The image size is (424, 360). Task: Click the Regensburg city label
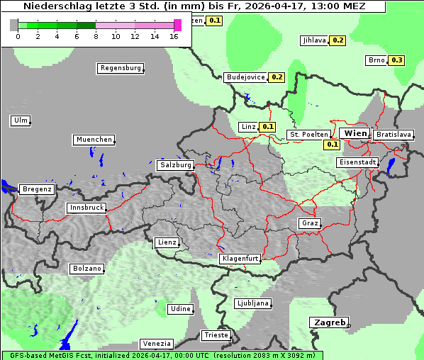point(120,69)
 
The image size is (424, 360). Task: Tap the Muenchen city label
point(94,140)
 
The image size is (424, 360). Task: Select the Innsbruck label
point(87,208)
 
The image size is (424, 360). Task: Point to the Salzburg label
point(176,165)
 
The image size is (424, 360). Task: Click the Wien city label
point(355,133)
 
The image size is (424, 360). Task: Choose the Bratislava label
point(394,135)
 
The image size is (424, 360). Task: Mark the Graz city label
point(310,224)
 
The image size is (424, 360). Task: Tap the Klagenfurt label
point(240,259)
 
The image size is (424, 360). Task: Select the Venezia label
point(156,344)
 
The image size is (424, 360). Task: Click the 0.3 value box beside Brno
point(396,60)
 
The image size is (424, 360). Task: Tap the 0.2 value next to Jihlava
point(337,40)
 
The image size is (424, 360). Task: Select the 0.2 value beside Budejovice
point(277,77)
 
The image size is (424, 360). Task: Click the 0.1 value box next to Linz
point(267,128)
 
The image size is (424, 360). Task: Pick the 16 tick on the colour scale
point(174,35)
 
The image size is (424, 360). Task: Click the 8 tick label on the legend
point(96,35)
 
